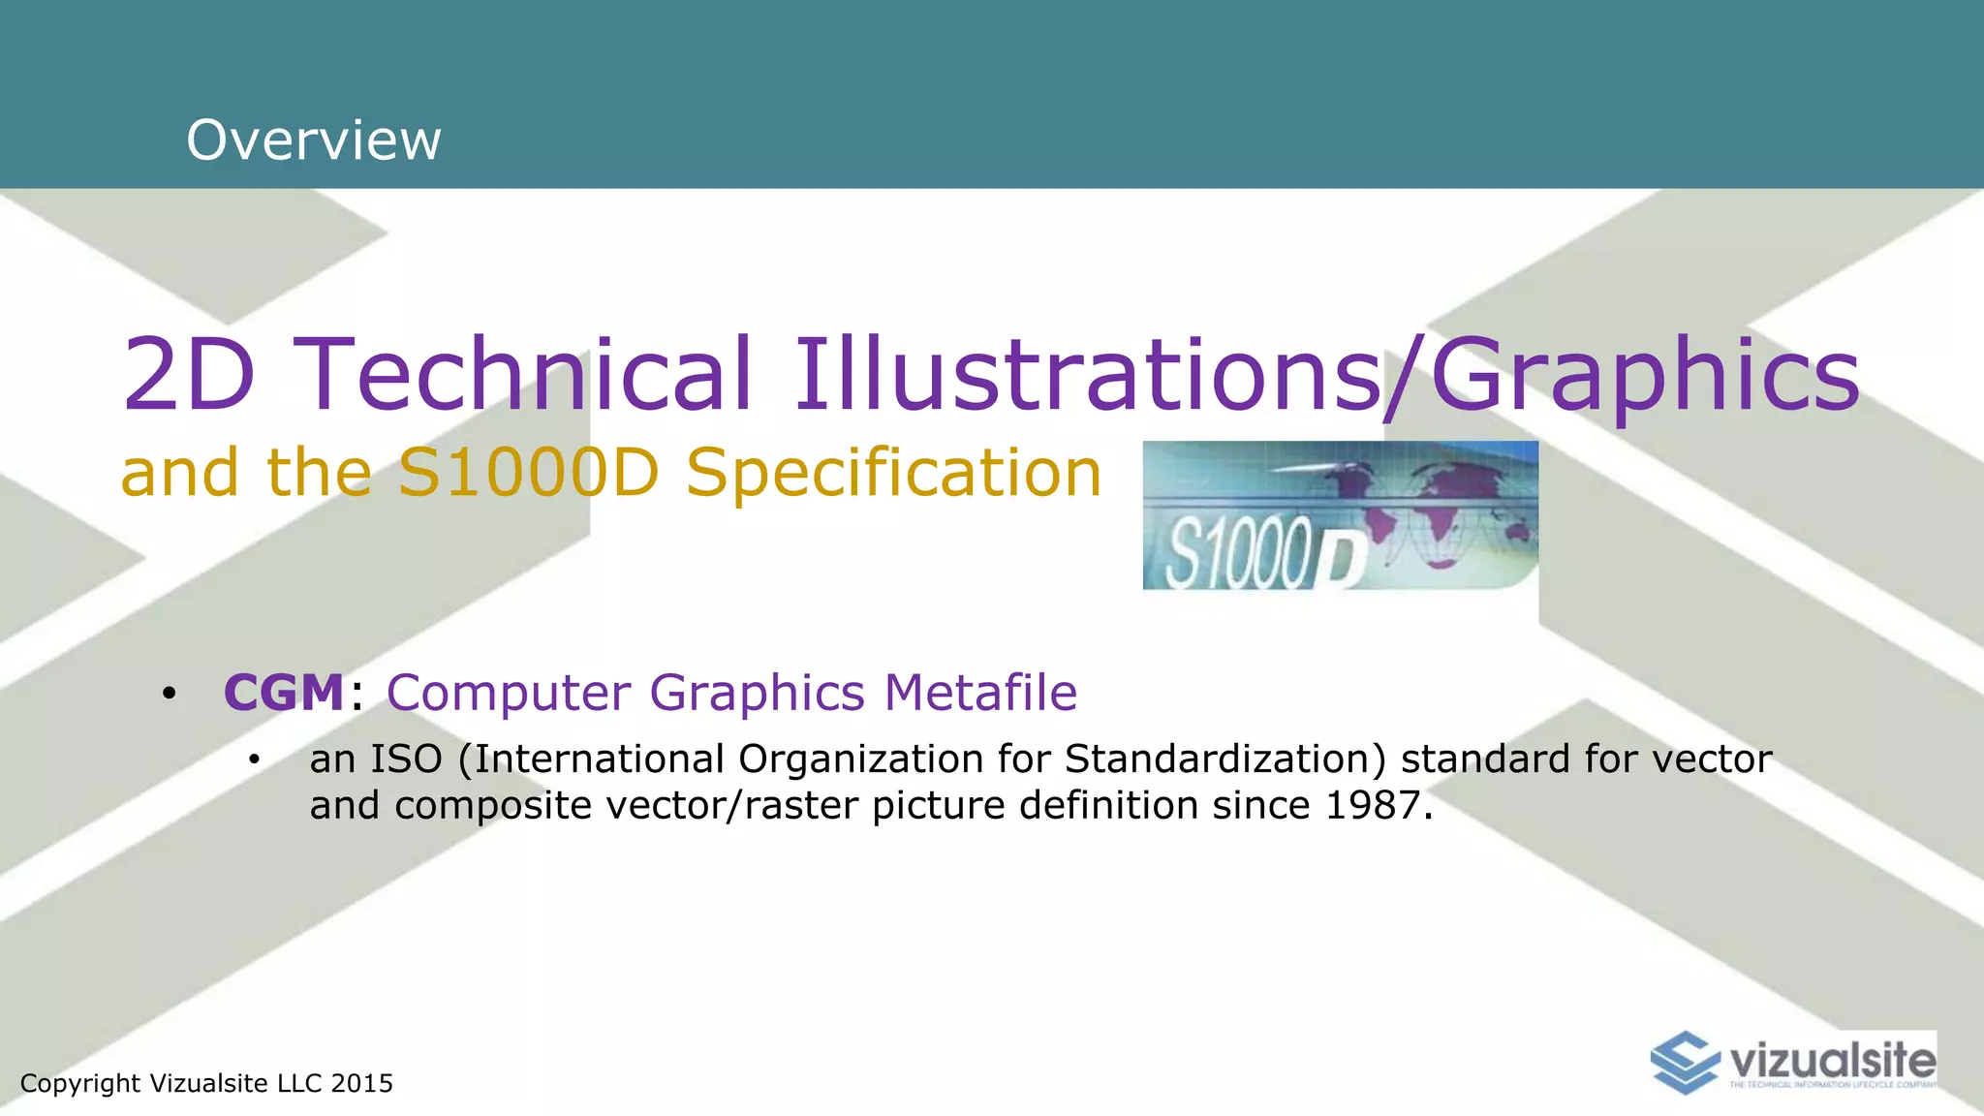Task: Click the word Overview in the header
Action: (314, 140)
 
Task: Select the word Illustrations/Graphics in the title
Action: (1326, 376)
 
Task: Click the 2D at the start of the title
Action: (190, 374)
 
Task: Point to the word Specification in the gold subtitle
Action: (893, 474)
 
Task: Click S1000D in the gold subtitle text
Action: (529, 474)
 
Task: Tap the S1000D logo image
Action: (1340, 515)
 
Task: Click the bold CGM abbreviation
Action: (284, 693)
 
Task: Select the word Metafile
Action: (980, 693)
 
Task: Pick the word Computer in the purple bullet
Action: (509, 693)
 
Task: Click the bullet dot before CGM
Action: (170, 694)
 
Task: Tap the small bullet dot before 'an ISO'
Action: (254, 760)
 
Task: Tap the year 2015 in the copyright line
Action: (361, 1083)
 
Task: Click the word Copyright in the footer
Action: (80, 1083)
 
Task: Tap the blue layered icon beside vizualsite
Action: (1687, 1062)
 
